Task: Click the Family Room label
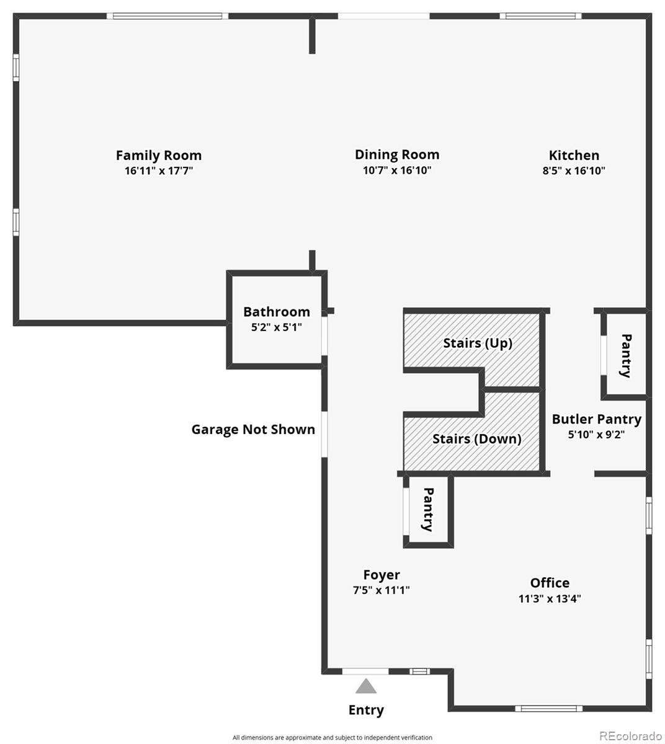pyautogui.click(x=159, y=155)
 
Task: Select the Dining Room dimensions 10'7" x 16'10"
pyautogui.click(x=397, y=170)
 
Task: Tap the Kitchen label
pyautogui.click(x=574, y=155)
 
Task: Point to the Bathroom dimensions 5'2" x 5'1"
pyautogui.click(x=276, y=327)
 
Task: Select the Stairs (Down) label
pyautogui.click(x=476, y=439)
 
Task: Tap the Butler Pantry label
pyautogui.click(x=596, y=420)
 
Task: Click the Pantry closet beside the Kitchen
pyautogui.click(x=625, y=355)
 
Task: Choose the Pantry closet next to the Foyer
pyautogui.click(x=427, y=509)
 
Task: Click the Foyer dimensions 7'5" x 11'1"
pyautogui.click(x=381, y=590)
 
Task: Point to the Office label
pyautogui.click(x=550, y=583)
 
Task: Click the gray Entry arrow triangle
pyautogui.click(x=366, y=686)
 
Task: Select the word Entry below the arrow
pyautogui.click(x=366, y=710)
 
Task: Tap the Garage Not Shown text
pyautogui.click(x=253, y=430)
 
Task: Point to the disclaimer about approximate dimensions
pyautogui.click(x=332, y=738)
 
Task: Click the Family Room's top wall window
pyautogui.click(x=167, y=16)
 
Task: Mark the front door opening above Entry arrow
pyautogui.click(x=366, y=671)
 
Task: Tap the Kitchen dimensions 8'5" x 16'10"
pyautogui.click(x=574, y=170)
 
